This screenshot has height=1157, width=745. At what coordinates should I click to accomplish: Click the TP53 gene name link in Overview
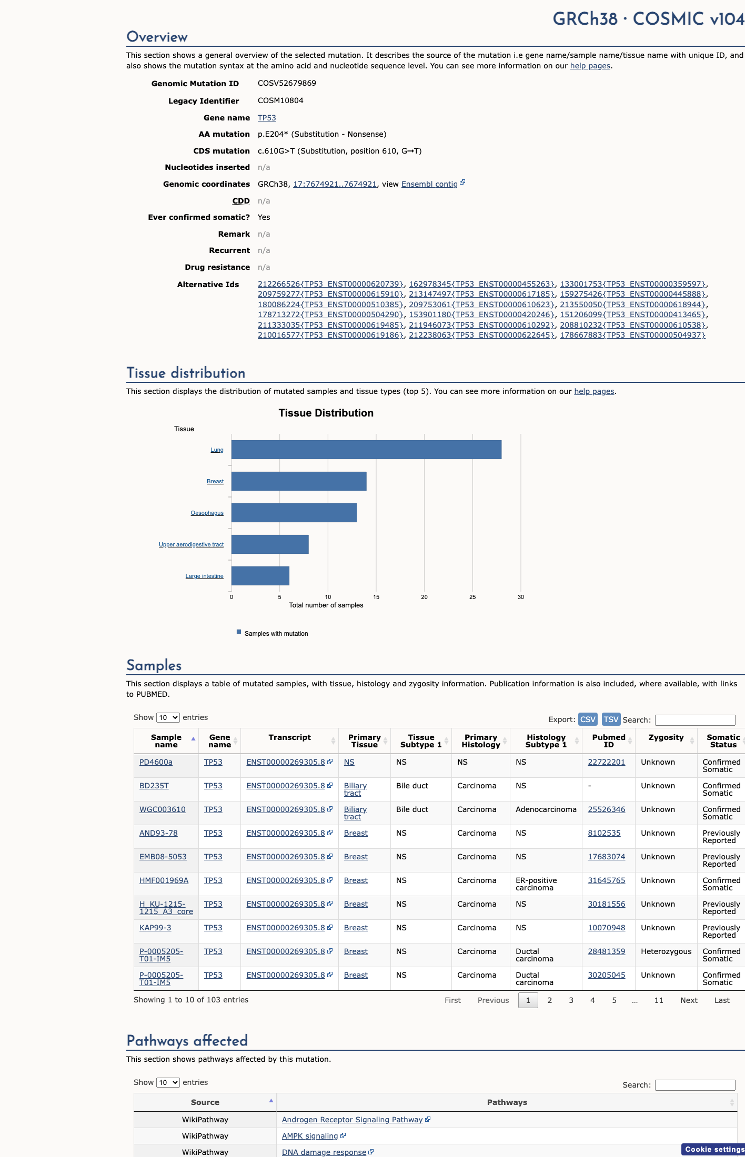(x=267, y=118)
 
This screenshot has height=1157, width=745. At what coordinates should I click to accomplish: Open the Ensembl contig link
(x=429, y=184)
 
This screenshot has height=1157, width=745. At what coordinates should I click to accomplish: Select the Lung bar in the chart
(x=366, y=450)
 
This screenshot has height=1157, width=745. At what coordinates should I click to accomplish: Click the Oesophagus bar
(x=294, y=513)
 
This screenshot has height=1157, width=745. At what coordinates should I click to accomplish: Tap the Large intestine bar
(x=260, y=576)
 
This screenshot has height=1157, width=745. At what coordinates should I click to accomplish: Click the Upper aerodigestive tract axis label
(x=191, y=544)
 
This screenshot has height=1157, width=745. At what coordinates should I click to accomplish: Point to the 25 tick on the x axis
(x=472, y=597)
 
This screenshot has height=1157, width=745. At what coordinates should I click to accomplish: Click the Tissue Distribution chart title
(x=326, y=413)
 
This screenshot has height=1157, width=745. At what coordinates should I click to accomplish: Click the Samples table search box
(x=695, y=720)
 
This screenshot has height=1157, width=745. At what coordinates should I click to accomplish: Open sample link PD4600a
(x=156, y=762)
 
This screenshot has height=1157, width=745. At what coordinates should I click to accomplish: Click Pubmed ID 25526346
(x=607, y=809)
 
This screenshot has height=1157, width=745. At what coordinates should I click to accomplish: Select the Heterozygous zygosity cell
(x=666, y=951)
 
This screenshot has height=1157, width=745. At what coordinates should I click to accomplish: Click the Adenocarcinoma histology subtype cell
(x=546, y=809)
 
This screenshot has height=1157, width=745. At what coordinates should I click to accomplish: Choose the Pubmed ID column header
(x=609, y=741)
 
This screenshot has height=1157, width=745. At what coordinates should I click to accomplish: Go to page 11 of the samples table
(x=659, y=1000)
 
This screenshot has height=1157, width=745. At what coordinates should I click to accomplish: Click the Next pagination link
(x=689, y=1000)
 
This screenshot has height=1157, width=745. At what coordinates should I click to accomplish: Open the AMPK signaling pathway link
(x=310, y=1136)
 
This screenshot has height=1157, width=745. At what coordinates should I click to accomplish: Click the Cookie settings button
(x=714, y=1149)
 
